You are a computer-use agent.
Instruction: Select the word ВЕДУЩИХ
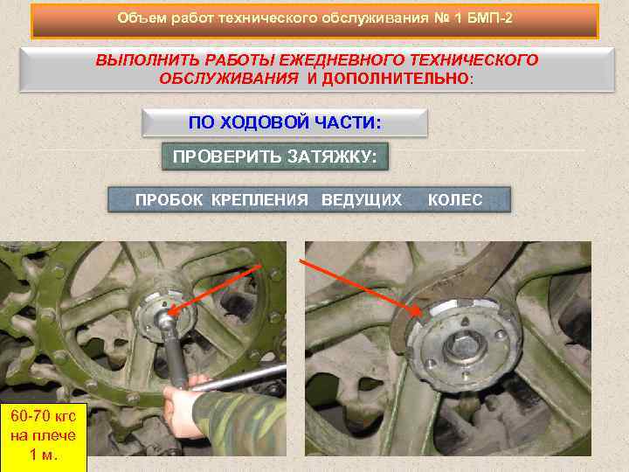pyautogui.click(x=362, y=200)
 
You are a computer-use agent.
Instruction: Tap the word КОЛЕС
pyautogui.click(x=455, y=200)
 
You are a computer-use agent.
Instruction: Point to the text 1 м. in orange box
pyautogui.click(x=44, y=455)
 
